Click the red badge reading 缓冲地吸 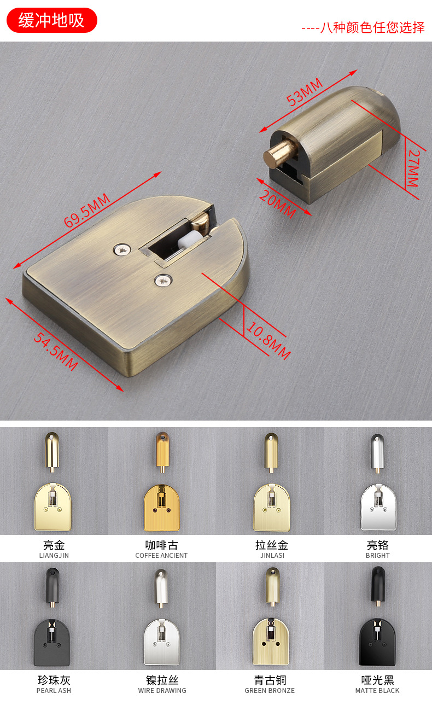(x=51, y=20)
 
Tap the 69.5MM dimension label (x=87, y=211)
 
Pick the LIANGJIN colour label (x=54, y=555)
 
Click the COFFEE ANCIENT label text (x=161, y=555)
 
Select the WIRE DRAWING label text (x=162, y=690)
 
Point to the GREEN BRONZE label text (x=270, y=690)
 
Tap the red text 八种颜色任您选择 (x=372, y=28)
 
